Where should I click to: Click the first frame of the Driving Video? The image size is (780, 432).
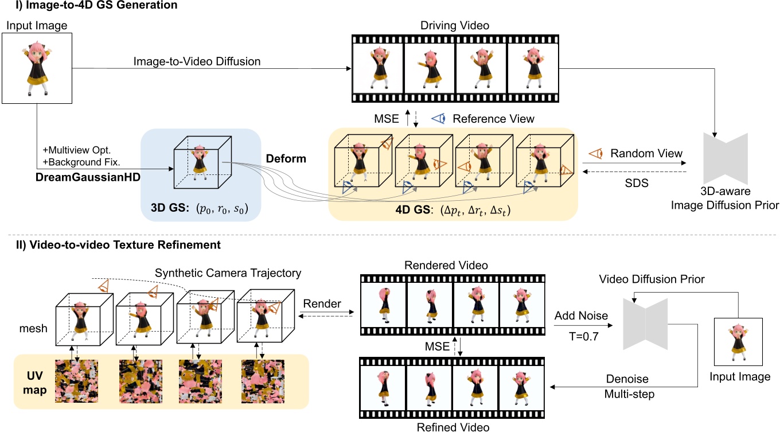(x=378, y=69)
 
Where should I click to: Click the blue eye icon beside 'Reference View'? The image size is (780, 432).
(x=439, y=119)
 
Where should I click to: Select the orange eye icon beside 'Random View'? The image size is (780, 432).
(x=597, y=153)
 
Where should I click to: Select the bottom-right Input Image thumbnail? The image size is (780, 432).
(x=738, y=342)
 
